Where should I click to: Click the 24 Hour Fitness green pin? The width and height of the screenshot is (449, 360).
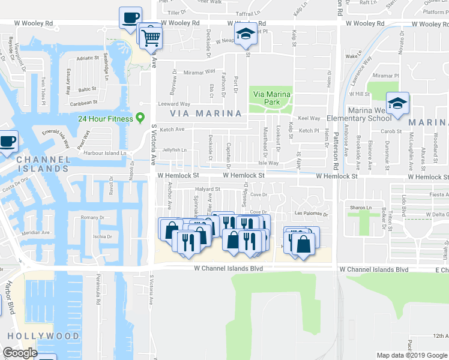click(x=140, y=117)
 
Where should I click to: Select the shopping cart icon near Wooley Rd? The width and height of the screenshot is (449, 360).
click(x=152, y=37)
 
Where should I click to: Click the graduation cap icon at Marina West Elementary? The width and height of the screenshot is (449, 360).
click(x=397, y=103)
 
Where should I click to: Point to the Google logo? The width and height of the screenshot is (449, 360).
click(x=20, y=353)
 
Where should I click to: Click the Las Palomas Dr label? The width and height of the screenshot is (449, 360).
click(x=312, y=214)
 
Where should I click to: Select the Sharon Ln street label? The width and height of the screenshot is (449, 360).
click(x=360, y=208)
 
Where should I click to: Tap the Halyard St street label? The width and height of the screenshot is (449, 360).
click(x=208, y=189)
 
